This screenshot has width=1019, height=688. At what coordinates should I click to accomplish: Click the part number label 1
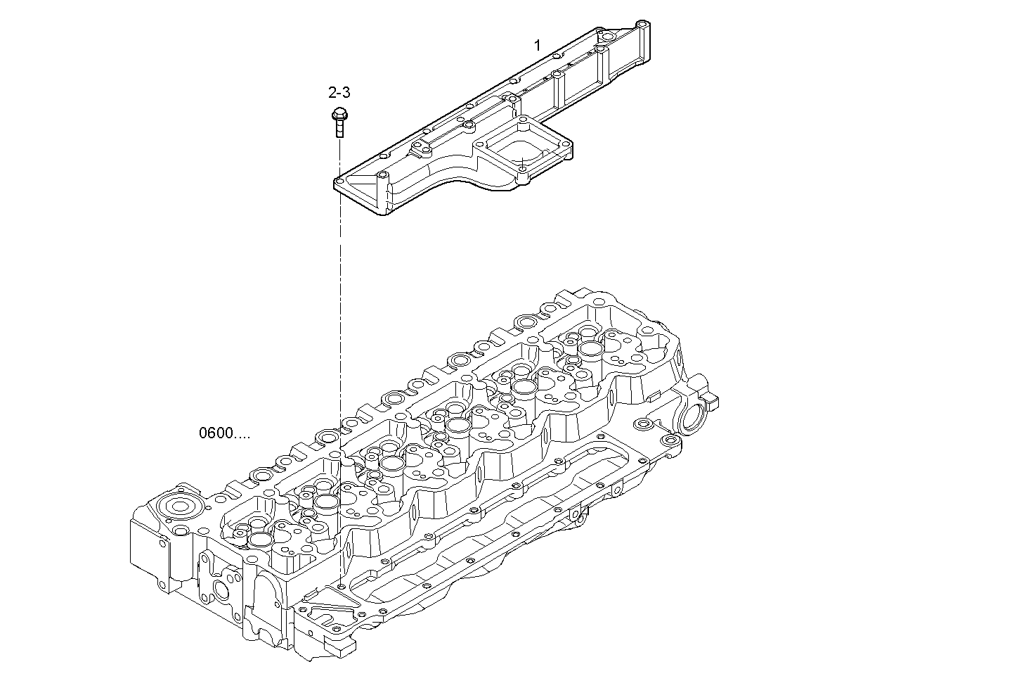pos(537,46)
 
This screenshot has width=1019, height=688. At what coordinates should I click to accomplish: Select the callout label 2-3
pos(339,92)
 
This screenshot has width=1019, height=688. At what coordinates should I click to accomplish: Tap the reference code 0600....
pos(223,433)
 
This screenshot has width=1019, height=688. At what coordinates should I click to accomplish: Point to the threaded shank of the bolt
pos(339,129)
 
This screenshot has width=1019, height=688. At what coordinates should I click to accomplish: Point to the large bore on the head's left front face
pos(224,590)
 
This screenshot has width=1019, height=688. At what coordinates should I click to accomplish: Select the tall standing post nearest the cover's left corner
pos(381,190)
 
